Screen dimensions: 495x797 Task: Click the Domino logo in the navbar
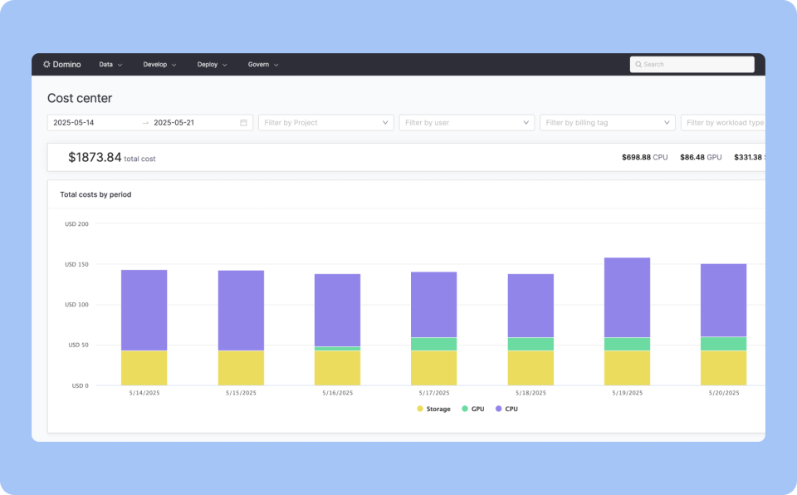point(62,64)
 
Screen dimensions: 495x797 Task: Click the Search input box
point(692,64)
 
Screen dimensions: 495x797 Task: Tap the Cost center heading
point(80,98)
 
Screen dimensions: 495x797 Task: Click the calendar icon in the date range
point(243,123)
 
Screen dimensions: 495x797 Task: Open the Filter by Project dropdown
point(326,123)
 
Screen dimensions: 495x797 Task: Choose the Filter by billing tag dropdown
point(608,123)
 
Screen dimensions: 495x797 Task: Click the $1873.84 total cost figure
point(95,157)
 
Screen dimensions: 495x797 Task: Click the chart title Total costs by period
point(95,194)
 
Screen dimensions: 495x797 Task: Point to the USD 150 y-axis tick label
point(76,264)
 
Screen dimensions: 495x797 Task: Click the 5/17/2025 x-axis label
point(433,393)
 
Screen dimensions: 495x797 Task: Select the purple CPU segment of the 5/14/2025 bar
point(144,310)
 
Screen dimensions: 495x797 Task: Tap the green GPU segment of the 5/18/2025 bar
point(531,344)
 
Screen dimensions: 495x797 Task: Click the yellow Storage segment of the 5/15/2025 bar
point(241,368)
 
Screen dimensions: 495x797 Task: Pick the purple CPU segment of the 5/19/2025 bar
point(627,297)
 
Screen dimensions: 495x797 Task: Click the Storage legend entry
point(433,409)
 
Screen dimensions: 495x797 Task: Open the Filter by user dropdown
point(467,123)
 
